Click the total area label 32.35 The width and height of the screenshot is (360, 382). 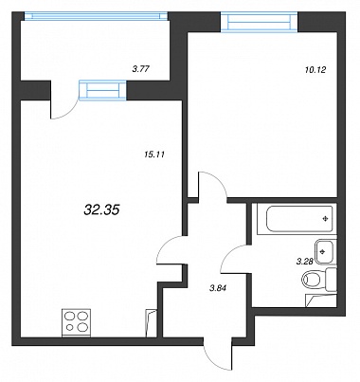(101, 209)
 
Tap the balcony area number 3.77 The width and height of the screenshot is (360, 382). (140, 69)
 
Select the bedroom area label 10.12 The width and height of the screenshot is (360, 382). (315, 70)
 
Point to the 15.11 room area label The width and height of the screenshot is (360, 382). (154, 155)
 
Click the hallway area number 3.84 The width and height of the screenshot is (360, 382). (219, 288)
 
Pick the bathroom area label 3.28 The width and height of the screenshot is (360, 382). (304, 262)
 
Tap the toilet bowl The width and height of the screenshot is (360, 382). (315, 280)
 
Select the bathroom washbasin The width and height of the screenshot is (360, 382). (325, 251)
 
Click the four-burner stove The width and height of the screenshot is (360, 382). (76, 322)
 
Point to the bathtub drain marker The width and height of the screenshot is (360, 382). (326, 219)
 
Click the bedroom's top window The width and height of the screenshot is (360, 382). (260, 22)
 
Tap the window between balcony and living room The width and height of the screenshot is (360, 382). (102, 90)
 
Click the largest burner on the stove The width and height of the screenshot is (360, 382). (81, 327)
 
